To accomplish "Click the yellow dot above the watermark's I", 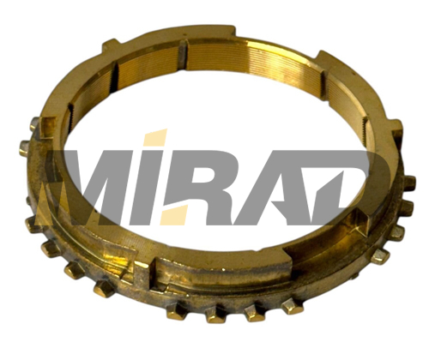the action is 156,138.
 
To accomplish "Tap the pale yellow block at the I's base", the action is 174,215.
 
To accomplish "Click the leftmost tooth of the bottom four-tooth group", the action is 176,311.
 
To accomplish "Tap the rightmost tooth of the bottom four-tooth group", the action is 293,306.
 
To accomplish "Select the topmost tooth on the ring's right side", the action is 409,183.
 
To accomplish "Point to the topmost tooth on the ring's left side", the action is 35,123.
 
